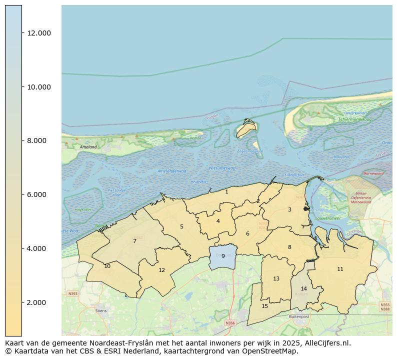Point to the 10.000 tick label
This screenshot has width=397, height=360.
tap(38, 87)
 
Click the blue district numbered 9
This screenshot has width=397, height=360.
tap(223, 256)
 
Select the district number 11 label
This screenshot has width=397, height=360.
tap(340, 269)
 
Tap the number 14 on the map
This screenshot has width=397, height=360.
tap(303, 289)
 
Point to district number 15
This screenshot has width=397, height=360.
tap(264, 306)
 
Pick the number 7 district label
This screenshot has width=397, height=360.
tap(134, 241)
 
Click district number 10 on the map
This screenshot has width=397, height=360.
tap(107, 266)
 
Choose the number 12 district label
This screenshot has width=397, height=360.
tap(161, 270)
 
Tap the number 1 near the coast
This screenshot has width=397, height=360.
tap(226, 192)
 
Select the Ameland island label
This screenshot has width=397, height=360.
tap(87, 147)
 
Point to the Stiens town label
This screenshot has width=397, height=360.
tap(100, 310)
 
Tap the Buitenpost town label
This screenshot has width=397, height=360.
tap(299, 316)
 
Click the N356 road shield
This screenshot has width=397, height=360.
tap(230, 323)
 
